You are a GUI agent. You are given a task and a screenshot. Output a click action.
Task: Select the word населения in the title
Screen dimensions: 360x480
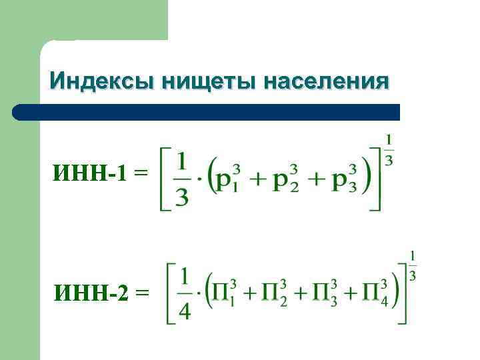[326, 81]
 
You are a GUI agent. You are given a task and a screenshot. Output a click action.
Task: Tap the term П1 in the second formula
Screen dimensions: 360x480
[224, 293]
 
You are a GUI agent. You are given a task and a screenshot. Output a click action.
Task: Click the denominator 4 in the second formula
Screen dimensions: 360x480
[185, 310]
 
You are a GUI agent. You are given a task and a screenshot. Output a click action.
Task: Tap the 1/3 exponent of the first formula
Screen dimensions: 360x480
[389, 150]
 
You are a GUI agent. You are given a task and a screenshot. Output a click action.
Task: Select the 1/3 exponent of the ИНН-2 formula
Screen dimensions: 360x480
[413, 265]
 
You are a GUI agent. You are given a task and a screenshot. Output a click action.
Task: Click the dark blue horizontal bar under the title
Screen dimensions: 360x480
[207, 112]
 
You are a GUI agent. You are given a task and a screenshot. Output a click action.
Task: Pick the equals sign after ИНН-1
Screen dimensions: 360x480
[141, 174]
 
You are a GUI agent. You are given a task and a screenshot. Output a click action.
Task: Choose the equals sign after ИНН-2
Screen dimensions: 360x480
[142, 293]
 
